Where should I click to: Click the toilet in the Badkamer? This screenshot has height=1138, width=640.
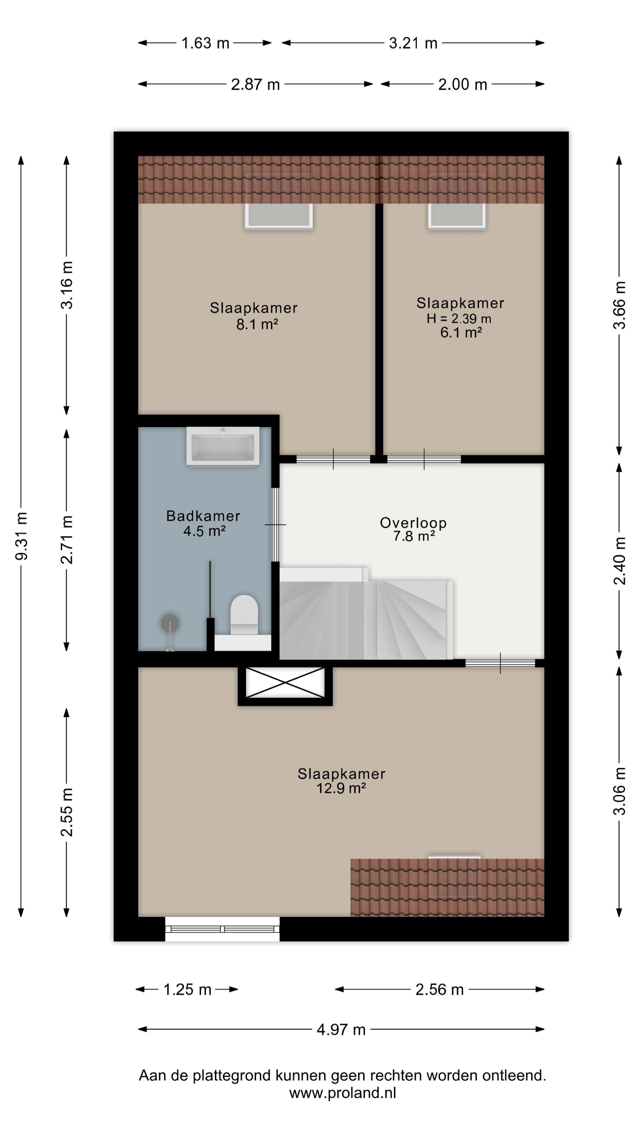pyautogui.click(x=244, y=615)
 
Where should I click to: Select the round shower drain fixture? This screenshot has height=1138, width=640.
pyautogui.click(x=170, y=623)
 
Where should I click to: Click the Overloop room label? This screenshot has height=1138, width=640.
pyautogui.click(x=413, y=522)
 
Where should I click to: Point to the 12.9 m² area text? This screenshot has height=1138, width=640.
pyautogui.click(x=341, y=788)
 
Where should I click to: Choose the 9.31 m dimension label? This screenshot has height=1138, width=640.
pyautogui.click(x=21, y=536)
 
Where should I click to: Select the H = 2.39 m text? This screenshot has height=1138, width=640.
pyautogui.click(x=459, y=318)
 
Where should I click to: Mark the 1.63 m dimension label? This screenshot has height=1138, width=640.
pyautogui.click(x=205, y=43)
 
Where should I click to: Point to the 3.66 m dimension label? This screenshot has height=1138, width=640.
pyautogui.click(x=619, y=305)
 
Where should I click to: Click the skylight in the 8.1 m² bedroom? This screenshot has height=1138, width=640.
pyautogui.click(x=279, y=215)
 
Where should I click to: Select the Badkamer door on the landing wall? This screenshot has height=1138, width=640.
pyautogui.click(x=275, y=524)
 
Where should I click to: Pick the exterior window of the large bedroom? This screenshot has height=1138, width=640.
pyautogui.click(x=222, y=929)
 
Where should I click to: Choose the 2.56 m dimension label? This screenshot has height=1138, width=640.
pyautogui.click(x=439, y=990)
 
